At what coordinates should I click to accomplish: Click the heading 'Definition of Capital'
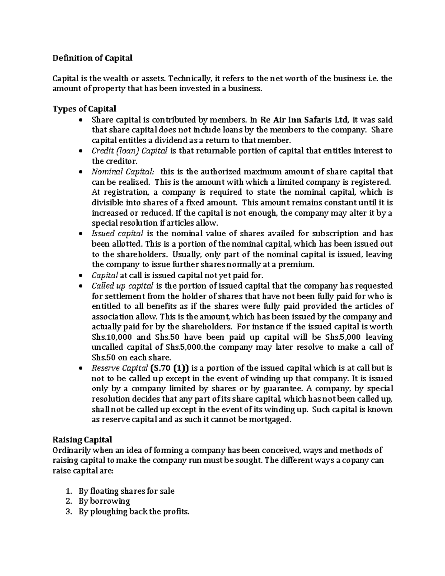coord(92,58)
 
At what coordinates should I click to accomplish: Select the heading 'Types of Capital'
coord(84,109)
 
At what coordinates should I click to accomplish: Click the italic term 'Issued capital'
coord(117,234)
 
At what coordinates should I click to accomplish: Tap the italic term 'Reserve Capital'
coord(119,368)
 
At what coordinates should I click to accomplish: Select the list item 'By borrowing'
coord(104,501)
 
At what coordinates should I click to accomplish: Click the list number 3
coord(68,512)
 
